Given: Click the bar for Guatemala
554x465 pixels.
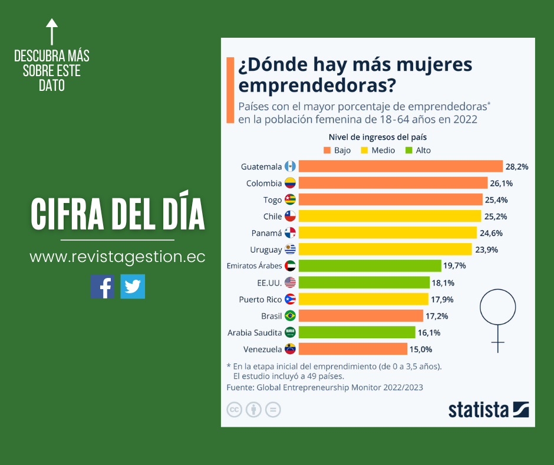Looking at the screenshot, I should pos(400,166).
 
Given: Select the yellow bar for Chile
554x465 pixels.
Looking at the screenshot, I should pos(390,216).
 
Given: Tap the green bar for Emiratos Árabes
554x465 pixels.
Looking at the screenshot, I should pos(370,266).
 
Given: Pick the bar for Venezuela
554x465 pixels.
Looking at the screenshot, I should pos(352,349).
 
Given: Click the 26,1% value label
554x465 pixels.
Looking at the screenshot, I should pos(503,183).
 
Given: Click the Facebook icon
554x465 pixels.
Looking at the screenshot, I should pos(103,286).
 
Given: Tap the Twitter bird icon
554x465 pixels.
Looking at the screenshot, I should pos(133,286).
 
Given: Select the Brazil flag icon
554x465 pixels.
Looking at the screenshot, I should pos(290,316).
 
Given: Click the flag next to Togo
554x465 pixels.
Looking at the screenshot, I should pos(290,199).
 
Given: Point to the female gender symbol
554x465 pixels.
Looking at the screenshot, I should pos(498,319).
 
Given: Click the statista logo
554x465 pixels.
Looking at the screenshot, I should pos(489,410).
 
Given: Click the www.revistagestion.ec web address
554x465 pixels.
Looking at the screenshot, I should pos(117,257).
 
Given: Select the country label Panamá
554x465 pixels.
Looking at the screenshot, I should pos(266,233).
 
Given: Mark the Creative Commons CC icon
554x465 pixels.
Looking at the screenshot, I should pos(235,410).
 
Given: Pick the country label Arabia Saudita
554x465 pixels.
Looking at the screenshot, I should pos(255,332).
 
